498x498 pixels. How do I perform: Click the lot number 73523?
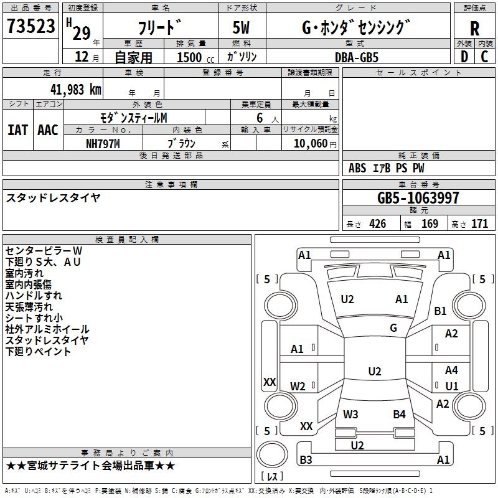(x=31, y=26)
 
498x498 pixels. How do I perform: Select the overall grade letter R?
(x=474, y=29)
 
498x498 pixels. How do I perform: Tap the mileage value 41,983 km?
(x=75, y=90)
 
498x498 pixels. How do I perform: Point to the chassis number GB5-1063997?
(x=418, y=198)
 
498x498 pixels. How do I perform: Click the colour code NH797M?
(x=103, y=144)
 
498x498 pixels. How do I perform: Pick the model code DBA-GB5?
(x=357, y=57)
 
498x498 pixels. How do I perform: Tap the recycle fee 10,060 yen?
(x=315, y=144)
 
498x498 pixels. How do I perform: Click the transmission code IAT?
(x=17, y=130)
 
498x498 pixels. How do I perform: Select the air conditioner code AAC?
(x=48, y=130)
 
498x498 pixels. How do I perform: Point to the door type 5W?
(x=241, y=27)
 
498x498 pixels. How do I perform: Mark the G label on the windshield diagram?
(x=393, y=328)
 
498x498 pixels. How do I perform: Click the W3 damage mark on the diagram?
(x=350, y=414)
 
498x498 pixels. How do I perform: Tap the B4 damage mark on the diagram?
(x=399, y=414)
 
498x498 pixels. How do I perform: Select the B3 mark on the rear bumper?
(x=306, y=459)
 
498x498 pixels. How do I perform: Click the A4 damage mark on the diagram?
(x=451, y=370)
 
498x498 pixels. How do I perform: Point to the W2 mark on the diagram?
(x=298, y=386)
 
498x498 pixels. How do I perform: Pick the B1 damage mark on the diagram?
(x=441, y=311)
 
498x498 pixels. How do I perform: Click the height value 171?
(x=479, y=224)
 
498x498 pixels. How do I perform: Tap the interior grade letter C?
(x=484, y=57)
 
